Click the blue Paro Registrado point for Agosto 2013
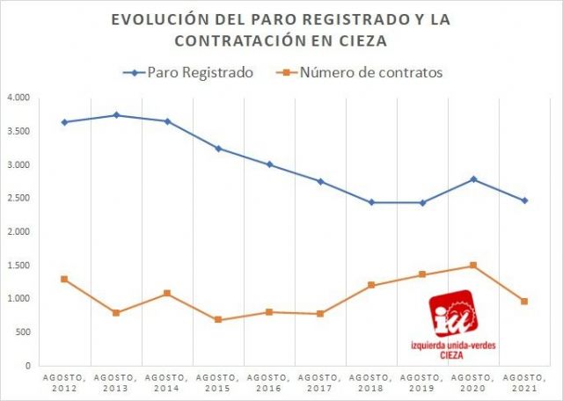click(116, 115)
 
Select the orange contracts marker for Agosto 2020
click(473, 266)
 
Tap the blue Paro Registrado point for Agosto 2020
click(473, 179)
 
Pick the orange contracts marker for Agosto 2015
click(218, 320)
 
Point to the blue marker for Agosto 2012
click(64, 122)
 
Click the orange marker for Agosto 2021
click(524, 302)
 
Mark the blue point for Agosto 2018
click(371, 202)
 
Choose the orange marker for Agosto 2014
click(167, 293)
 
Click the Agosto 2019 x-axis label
click(422, 383)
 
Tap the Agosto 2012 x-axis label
click(64, 383)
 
